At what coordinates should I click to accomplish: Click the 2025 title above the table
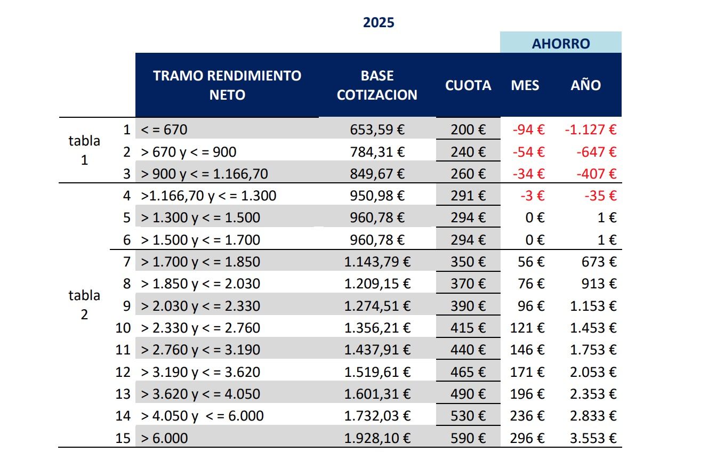coord(379,23)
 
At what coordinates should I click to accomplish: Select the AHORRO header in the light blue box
coord(561,43)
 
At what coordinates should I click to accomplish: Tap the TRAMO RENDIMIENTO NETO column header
coord(227,85)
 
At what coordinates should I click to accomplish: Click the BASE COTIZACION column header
coord(377,85)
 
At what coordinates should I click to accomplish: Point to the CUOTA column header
coord(468,85)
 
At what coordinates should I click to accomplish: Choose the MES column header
coord(525,85)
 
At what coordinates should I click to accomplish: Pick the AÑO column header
coord(585,85)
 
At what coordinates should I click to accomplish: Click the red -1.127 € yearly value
coord(590,130)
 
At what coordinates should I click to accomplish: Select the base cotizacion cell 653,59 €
coord(377,130)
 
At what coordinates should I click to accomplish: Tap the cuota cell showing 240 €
coord(468,152)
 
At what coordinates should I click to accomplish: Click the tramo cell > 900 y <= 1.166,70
coord(204,174)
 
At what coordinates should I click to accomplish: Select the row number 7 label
coord(126,262)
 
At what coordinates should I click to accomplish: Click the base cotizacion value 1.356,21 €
coord(377,328)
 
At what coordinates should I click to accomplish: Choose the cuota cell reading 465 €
coord(468,372)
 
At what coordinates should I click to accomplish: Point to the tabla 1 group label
coord(84,150)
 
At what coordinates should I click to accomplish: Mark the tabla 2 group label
coord(84,304)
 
